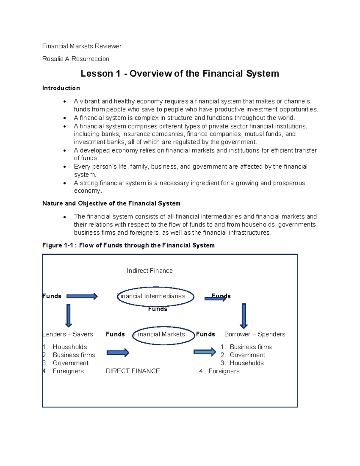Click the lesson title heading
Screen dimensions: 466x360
pyautogui.click(x=180, y=74)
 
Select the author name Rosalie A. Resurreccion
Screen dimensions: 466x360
pyautogui.click(x=76, y=59)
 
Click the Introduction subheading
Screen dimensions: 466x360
pyautogui.click(x=61, y=88)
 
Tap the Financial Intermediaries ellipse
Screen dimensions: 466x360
pyautogui.click(x=155, y=296)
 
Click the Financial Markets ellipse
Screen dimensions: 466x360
pyautogui.click(x=163, y=335)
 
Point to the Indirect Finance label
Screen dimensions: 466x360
pyautogui.click(x=150, y=271)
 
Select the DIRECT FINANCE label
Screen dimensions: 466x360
pyautogui.click(x=133, y=371)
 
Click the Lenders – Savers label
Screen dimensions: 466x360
pyautogui.click(x=68, y=334)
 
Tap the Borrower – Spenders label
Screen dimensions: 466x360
pyautogui.click(x=255, y=334)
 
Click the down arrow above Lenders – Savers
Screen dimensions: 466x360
pyautogui.click(x=68, y=315)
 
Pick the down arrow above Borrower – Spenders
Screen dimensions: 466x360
pyautogui.click(x=244, y=316)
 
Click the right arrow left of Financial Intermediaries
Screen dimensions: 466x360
pyautogui.click(x=82, y=296)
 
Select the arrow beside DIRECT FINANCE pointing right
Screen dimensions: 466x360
pyautogui.click(x=118, y=353)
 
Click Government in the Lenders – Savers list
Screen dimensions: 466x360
pyautogui.click(x=70, y=363)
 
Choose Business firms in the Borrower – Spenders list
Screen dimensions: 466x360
pyautogui.click(x=250, y=347)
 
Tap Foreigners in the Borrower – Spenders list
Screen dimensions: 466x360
pyautogui.click(x=224, y=371)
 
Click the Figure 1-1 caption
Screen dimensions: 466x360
pyautogui.click(x=128, y=245)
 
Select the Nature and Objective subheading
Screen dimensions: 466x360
pyautogui.click(x=111, y=203)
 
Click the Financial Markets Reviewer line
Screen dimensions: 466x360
pyautogui.click(x=82, y=46)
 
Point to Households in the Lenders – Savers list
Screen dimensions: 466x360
pyautogui.click(x=70, y=347)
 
